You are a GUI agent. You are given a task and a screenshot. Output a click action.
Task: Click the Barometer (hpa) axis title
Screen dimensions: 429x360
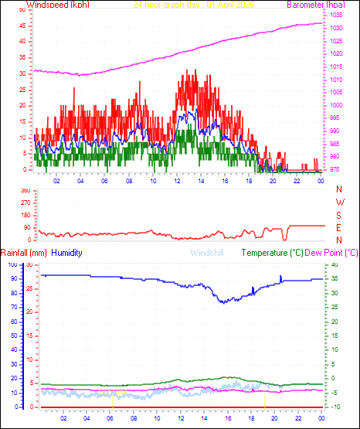point(314,5)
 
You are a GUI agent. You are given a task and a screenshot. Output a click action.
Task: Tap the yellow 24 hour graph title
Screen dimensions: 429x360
point(183,5)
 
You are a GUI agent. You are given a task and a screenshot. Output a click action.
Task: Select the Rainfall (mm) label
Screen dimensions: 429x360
point(24,253)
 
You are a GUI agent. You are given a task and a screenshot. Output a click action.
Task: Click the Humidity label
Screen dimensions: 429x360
point(66,253)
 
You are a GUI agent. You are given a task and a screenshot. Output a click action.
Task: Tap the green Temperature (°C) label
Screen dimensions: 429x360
point(272,253)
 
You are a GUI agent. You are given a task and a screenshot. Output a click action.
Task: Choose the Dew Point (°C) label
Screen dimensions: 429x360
point(331,253)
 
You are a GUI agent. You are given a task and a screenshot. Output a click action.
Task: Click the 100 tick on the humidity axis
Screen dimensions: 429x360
point(12,265)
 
